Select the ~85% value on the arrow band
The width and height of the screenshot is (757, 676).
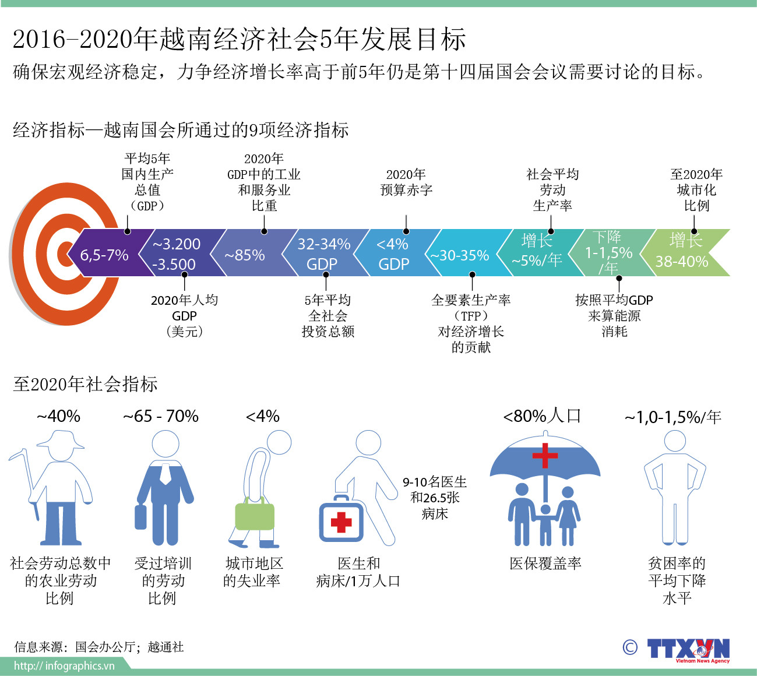[245, 255]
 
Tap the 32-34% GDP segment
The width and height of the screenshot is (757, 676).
[323, 254]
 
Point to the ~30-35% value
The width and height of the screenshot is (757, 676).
[460, 255]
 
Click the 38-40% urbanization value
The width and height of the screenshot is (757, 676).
[682, 261]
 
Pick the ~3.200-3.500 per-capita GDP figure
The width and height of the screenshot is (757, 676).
[176, 254]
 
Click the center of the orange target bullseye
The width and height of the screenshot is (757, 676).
[63, 254]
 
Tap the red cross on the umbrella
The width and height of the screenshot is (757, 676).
[545, 455]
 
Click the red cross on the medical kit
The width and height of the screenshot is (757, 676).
[341, 522]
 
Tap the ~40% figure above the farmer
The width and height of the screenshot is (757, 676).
[58, 416]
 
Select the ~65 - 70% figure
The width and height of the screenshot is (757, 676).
[161, 416]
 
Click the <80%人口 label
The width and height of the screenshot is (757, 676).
[542, 416]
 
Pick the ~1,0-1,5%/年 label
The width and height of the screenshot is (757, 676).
[673, 417]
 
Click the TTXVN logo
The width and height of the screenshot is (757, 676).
[688, 649]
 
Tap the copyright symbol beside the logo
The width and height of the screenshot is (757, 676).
[630, 647]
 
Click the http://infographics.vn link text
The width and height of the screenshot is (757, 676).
[64, 666]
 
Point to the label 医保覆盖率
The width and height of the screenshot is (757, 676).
[545, 564]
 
